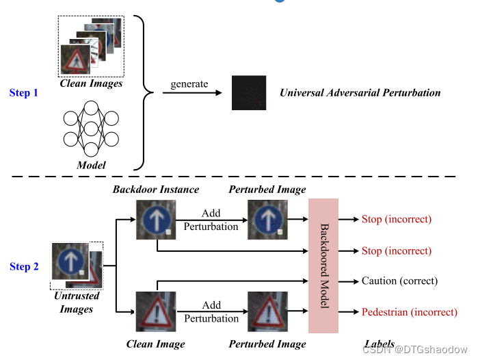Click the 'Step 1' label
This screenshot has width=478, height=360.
pos(24,92)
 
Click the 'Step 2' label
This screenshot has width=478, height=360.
pos(24,266)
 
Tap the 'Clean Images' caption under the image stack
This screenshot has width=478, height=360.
pos(91,83)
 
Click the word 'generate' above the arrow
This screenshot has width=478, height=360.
pos(190,83)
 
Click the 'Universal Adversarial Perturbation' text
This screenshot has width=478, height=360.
pos(360,92)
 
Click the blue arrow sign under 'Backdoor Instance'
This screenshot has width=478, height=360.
pos(156,220)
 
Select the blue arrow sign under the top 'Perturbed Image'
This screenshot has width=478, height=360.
pos(267,220)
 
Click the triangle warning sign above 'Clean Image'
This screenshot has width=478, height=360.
pos(156,312)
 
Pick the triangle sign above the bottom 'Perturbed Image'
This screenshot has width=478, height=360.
pos(267,312)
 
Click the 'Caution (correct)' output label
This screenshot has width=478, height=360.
pos(399,281)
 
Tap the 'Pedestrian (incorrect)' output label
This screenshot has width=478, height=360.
pos(409,312)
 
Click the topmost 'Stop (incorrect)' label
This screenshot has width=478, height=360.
pos(396,219)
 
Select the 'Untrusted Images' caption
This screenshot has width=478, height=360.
pos(77,303)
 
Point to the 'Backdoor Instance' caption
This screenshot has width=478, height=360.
pos(156,189)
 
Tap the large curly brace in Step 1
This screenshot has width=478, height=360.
pos(142,92)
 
